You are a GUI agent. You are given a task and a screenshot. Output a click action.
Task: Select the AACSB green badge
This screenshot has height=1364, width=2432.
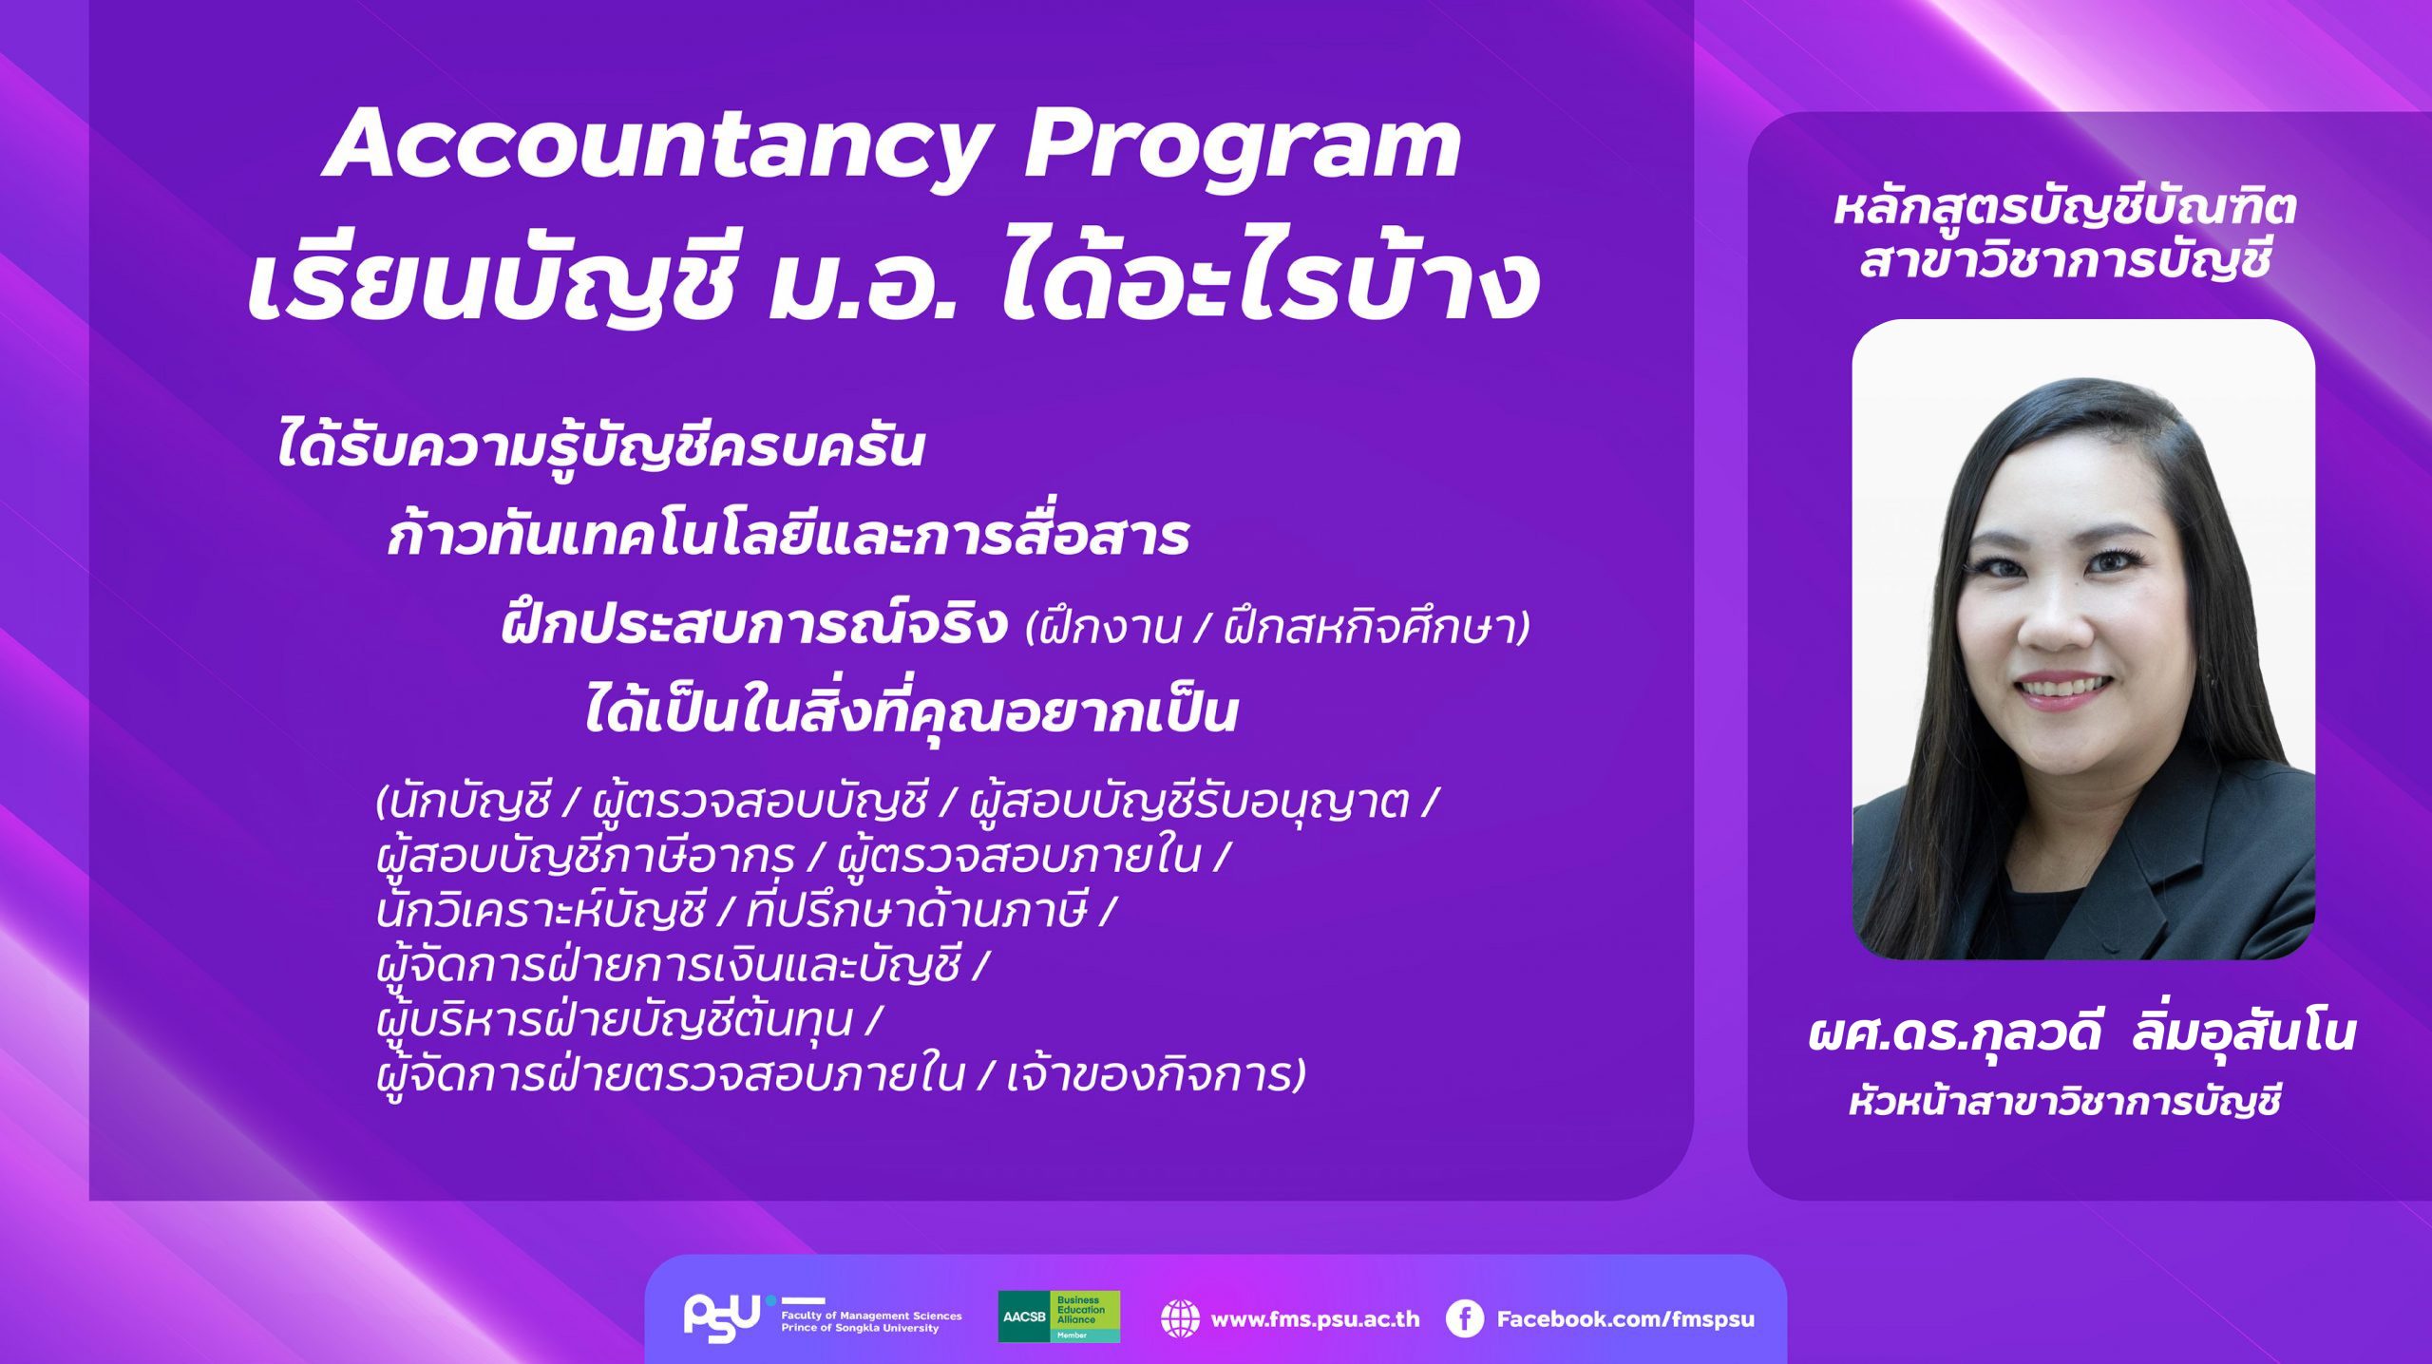click(1058, 1317)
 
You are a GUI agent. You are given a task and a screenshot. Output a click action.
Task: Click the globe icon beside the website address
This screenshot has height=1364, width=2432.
click(1180, 1318)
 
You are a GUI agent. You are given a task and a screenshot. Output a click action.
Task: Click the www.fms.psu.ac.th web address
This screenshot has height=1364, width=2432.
click(1316, 1318)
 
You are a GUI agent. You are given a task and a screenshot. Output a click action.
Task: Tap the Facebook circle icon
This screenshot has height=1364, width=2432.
click(1464, 1318)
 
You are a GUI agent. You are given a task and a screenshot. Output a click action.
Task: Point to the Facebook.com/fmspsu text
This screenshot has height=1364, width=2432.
click(1625, 1318)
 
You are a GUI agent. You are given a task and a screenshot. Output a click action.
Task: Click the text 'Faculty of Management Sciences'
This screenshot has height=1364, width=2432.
click(871, 1316)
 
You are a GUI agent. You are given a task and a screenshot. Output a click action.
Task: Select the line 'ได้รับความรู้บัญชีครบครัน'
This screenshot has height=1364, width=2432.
click(600, 446)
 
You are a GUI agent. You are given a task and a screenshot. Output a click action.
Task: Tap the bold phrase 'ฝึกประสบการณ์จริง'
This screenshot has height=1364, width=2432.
click(754, 625)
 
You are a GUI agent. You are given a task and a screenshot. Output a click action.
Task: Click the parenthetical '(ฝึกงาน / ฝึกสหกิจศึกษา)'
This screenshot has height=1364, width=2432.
click(1279, 628)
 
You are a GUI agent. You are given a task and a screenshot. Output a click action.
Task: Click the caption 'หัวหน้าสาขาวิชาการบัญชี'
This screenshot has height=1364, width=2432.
click(2064, 1103)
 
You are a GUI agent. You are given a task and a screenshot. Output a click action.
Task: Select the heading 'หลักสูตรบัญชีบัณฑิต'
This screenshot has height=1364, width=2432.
click(2064, 207)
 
